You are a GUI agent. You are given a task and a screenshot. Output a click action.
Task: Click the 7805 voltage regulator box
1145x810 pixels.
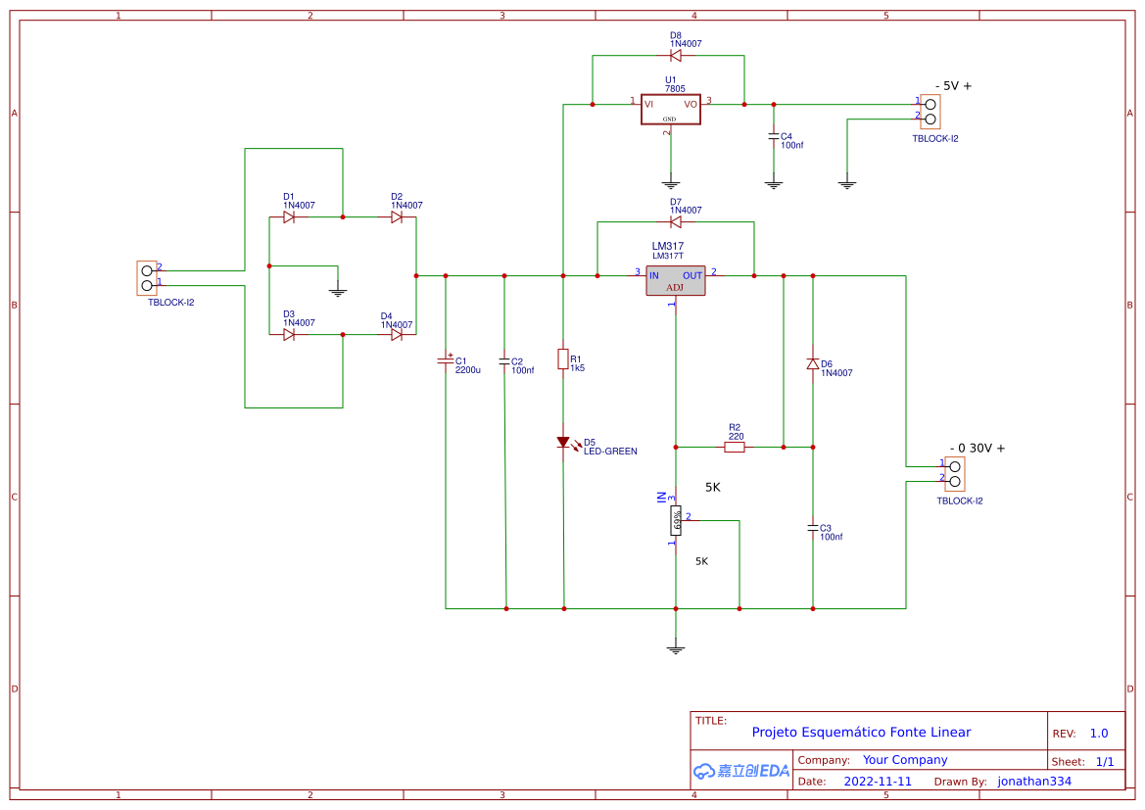coord(670,109)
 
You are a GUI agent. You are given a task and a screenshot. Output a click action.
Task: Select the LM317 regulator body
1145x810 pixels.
coord(675,280)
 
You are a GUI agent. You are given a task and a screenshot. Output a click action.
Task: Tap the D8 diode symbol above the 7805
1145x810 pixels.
coord(676,56)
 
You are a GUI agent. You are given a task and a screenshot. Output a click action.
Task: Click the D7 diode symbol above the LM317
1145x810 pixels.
coord(676,222)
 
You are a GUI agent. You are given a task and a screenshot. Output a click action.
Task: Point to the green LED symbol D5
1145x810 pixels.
coord(563,443)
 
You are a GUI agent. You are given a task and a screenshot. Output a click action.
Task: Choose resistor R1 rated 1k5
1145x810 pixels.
coord(563,359)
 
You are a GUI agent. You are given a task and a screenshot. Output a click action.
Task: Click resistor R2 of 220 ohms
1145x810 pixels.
coord(735,448)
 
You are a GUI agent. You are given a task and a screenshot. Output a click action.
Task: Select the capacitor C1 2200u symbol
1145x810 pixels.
coord(446,361)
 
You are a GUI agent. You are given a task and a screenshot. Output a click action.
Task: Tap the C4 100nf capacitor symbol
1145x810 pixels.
coord(774,136)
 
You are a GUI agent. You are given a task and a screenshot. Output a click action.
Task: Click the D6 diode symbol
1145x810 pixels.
coord(812,364)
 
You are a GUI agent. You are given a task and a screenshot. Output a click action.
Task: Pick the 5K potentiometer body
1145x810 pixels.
coord(676,521)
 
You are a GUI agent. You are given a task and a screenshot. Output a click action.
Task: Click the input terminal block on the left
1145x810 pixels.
coord(147,278)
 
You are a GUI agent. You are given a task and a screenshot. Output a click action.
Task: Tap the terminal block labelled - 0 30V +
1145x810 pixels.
coord(954,474)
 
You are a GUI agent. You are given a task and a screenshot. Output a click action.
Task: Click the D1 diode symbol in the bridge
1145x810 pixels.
coord(289,217)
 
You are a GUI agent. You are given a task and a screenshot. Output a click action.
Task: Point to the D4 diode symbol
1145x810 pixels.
coord(397,335)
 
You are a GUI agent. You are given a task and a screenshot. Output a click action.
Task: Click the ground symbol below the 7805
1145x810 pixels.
coord(671,183)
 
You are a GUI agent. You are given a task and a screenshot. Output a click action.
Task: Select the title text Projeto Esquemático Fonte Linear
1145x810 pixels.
coord(861,732)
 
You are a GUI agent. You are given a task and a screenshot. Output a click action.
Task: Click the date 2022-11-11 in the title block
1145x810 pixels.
coord(878,782)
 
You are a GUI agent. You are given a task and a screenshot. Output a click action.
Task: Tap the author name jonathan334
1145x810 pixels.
coord(1034,782)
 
